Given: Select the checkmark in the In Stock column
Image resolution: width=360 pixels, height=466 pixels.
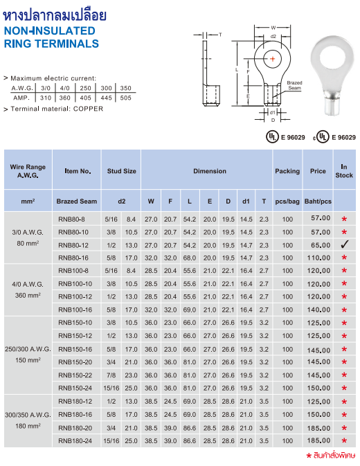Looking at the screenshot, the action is [343, 245].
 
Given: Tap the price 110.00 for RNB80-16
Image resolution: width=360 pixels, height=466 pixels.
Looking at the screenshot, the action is [318, 258].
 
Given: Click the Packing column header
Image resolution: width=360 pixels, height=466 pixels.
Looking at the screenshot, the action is [287, 171].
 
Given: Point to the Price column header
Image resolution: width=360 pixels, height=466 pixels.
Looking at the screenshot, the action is [318, 171].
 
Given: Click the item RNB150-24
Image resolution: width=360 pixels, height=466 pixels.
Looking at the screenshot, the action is [75, 388].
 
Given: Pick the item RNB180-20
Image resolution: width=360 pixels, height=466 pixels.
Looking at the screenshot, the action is [75, 427].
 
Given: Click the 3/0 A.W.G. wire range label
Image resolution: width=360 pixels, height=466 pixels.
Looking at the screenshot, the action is [29, 233].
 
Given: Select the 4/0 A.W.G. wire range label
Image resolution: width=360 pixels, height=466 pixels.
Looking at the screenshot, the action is [29, 284].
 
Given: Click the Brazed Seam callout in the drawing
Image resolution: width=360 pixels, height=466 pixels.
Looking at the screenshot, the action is [294, 84].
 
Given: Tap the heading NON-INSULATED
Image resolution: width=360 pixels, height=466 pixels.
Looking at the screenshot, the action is [49, 31].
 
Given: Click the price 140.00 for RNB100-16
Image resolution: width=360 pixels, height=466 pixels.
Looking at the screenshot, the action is [318, 310].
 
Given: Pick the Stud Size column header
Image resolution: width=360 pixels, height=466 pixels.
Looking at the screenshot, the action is [121, 171].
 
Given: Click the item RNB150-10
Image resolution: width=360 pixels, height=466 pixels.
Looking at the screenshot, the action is [75, 323].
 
